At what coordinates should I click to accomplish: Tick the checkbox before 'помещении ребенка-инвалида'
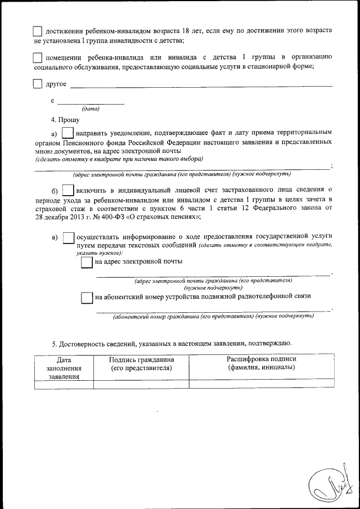(x=38, y=57)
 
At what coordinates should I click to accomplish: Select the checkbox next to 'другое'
(x=38, y=84)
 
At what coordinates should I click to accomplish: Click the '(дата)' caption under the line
(x=91, y=108)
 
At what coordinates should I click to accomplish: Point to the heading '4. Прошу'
(x=65, y=120)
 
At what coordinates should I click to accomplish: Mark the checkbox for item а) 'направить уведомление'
(x=67, y=133)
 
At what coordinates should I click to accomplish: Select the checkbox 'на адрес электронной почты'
(x=87, y=262)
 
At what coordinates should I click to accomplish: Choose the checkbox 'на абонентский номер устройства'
(x=87, y=298)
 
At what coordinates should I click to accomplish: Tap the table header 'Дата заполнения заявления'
(x=64, y=368)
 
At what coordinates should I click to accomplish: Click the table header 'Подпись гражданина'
(x=141, y=363)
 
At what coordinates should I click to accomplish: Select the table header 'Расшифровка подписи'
(x=261, y=363)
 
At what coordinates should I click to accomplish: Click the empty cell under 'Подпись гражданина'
(x=141, y=385)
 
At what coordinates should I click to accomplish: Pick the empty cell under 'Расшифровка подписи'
(x=261, y=385)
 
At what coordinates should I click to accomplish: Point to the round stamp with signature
(x=332, y=483)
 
